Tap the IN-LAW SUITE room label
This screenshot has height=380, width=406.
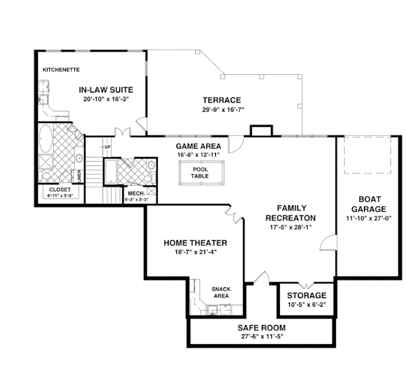(x=106, y=90)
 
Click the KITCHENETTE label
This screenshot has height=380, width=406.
(x=60, y=69)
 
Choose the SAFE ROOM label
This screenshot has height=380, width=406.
(x=261, y=328)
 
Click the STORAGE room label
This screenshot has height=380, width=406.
(x=307, y=295)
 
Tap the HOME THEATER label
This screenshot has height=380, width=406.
(x=195, y=243)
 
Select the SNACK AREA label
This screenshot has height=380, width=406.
(x=221, y=292)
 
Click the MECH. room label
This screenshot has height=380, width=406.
(x=136, y=194)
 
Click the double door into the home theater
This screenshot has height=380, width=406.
(x=232, y=215)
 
